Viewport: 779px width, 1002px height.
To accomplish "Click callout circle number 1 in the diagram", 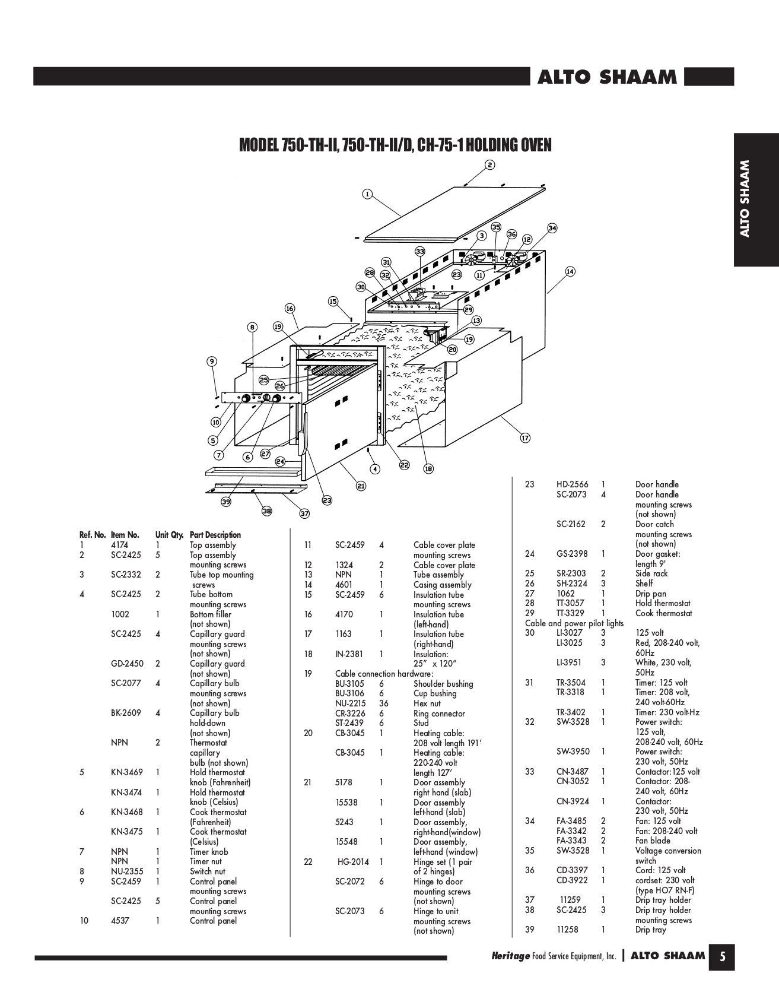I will tap(367, 194).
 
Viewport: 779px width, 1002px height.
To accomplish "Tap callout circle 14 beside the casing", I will tap(570, 271).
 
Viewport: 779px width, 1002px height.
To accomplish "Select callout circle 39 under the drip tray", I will tap(226, 502).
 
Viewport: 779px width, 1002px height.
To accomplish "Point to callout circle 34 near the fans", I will tap(552, 228).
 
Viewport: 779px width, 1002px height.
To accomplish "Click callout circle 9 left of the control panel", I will tap(212, 361).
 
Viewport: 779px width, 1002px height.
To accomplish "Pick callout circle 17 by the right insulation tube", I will tap(525, 438).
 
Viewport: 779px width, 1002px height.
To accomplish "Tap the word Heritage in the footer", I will tap(510, 956).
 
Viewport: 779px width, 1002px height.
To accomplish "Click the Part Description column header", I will tap(215, 535).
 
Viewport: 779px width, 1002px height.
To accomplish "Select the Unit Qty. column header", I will tap(169, 535).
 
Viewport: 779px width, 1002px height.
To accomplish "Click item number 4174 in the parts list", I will tap(120, 545).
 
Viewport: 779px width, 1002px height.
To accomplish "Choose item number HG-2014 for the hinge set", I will tap(350, 862).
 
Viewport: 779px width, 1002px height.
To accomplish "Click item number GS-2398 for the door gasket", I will tap(572, 554).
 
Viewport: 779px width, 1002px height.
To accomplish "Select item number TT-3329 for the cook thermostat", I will tap(570, 613).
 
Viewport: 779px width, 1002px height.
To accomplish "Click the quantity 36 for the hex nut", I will tap(384, 703).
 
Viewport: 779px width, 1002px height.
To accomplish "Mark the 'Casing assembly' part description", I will tap(442, 585).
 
